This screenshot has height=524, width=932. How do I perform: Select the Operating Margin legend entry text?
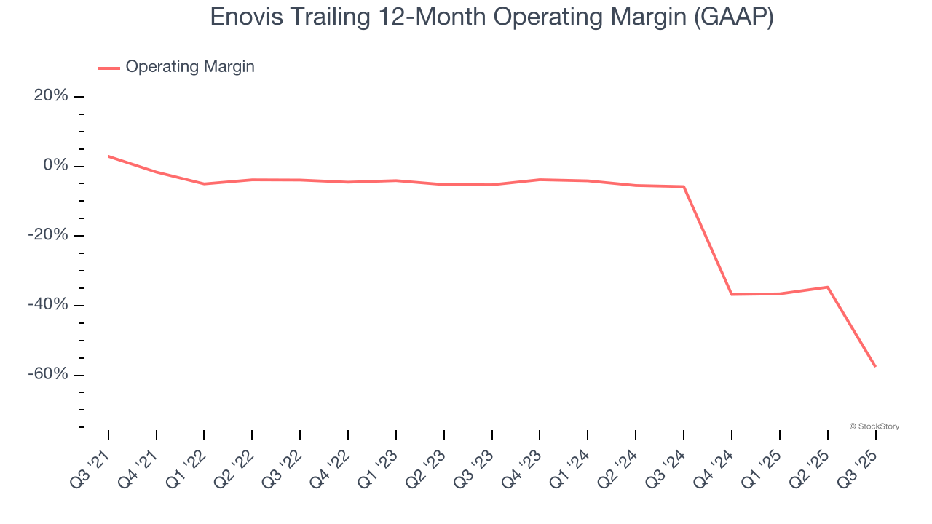190,67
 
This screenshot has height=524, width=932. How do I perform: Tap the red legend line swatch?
109,68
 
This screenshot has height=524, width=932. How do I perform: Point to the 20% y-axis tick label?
51,96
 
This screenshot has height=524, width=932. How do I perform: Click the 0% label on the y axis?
55,166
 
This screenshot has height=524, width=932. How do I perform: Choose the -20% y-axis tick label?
48,235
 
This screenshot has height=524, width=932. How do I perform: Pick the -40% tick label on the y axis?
48,305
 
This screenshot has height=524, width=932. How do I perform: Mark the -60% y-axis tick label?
48,374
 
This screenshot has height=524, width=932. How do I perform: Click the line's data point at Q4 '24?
732,294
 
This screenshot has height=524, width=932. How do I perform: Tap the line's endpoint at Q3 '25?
875,366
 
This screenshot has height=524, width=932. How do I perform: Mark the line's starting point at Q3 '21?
108,156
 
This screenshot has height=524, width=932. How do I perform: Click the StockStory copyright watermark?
874,426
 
